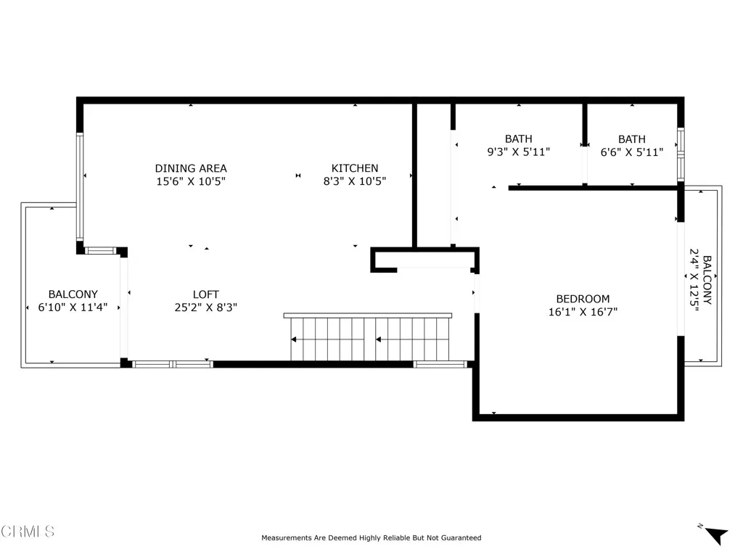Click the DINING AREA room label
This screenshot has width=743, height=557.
tap(191, 168)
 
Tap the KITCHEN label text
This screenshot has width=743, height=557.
tap(355, 168)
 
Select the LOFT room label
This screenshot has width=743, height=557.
tap(205, 294)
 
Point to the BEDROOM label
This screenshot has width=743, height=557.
tap(583, 299)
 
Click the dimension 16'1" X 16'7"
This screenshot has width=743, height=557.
tap(583, 313)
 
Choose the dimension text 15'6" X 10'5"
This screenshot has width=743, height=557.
tap(191, 182)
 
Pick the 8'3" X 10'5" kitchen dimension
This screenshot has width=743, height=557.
tap(355, 182)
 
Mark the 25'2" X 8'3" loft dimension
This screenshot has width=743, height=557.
tap(205, 308)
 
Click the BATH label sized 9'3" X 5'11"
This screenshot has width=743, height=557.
tap(518, 139)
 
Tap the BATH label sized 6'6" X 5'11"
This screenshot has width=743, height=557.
tap(631, 139)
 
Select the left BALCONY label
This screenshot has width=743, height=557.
tap(73, 294)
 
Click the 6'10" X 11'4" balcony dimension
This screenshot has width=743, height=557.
tap(73, 308)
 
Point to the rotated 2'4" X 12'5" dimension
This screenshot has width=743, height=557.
tap(694, 280)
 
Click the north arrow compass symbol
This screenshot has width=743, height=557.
tap(715, 535)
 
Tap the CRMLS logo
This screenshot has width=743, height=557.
tap(28, 532)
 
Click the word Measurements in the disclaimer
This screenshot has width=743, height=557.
tap(285, 538)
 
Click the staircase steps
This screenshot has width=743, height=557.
tap(370, 339)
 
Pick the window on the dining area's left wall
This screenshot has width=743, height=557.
tap(80, 188)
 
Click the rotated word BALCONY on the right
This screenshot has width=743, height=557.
tap(707, 280)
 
